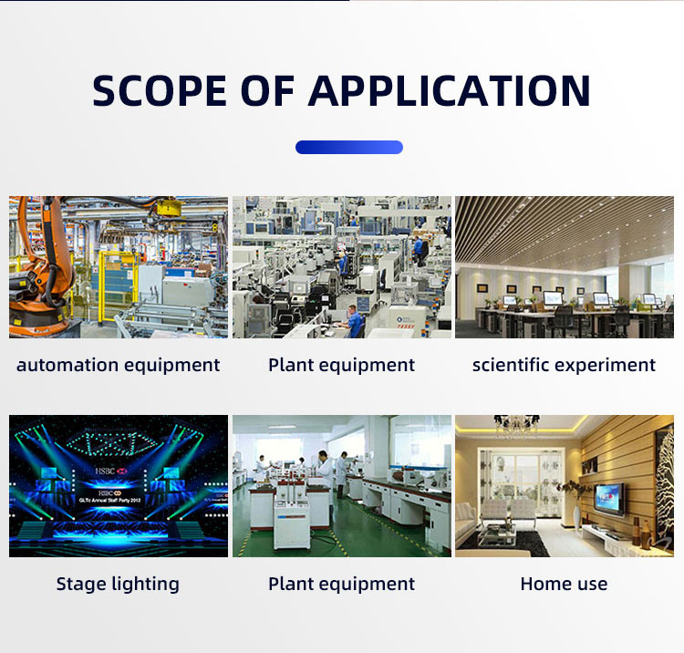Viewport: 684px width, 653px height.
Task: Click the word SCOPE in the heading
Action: tap(160, 90)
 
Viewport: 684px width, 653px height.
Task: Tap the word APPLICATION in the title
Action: tap(450, 90)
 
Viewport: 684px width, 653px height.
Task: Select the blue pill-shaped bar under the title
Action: tap(349, 147)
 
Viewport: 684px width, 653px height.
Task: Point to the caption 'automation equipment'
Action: tap(118, 365)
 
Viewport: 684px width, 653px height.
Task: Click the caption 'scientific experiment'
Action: tap(564, 365)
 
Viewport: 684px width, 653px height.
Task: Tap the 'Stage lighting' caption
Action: tap(118, 584)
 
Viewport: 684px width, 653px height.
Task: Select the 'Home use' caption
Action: tap(564, 584)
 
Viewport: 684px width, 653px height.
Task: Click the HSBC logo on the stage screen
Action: tap(111, 472)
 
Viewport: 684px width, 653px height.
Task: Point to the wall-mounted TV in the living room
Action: tap(610, 499)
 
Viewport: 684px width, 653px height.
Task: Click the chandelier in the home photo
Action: tap(516, 424)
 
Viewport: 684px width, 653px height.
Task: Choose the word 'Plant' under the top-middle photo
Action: tap(291, 365)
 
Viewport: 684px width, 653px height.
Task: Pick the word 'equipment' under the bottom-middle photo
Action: tap(367, 585)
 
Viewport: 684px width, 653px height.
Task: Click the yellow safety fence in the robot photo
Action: tap(118, 279)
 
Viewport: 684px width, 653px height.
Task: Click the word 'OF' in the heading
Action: tap(267, 90)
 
